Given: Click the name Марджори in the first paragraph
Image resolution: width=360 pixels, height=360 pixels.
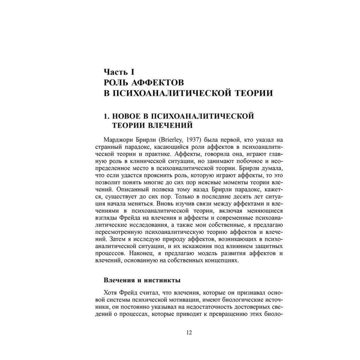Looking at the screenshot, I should [x=116, y=140].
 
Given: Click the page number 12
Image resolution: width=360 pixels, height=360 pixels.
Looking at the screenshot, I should [x=189, y=332].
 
